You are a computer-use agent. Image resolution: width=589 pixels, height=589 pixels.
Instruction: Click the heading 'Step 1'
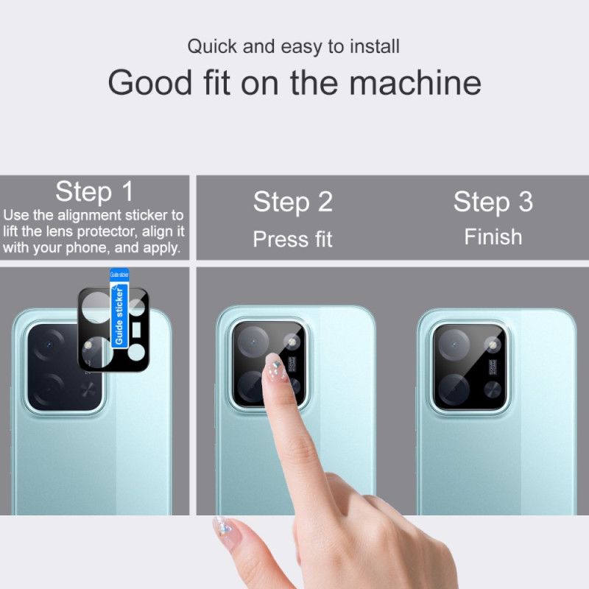pyautogui.click(x=94, y=192)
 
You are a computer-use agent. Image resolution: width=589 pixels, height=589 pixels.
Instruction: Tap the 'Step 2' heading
pyautogui.click(x=293, y=202)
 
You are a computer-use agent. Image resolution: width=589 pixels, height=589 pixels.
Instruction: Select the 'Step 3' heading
pyautogui.click(x=493, y=202)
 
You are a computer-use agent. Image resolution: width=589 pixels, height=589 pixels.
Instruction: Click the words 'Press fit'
pyautogui.click(x=293, y=239)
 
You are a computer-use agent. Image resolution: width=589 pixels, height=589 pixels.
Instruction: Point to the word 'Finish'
pyautogui.click(x=493, y=237)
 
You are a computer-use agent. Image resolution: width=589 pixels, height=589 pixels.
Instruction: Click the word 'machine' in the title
pyautogui.click(x=415, y=82)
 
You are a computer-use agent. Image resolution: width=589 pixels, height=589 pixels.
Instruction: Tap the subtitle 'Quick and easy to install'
pyautogui.click(x=293, y=46)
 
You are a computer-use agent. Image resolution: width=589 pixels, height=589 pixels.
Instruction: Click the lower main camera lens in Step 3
pyautogui.click(x=454, y=387)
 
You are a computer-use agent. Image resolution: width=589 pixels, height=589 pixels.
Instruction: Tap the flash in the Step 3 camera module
pyautogui.click(x=493, y=342)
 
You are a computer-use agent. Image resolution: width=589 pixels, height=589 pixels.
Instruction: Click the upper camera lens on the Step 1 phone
pyautogui.click(x=49, y=345)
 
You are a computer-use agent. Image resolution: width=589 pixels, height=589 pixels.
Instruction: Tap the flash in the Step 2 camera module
pyautogui.click(x=292, y=342)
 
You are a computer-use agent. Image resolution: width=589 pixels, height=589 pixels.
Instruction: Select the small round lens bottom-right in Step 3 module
pyautogui.click(x=493, y=389)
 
